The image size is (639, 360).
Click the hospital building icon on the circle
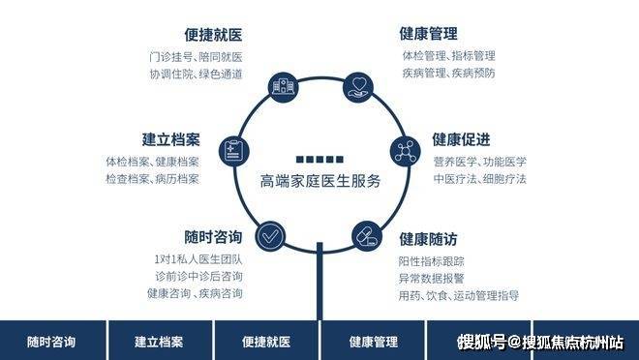point(284,87)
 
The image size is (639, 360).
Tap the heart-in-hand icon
point(358,87)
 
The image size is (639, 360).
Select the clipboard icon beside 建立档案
point(234,151)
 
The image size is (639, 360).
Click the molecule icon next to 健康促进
point(406,152)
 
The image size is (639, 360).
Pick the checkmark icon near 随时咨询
point(270,236)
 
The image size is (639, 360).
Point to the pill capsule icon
point(367,236)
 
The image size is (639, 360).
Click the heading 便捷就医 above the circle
point(213,35)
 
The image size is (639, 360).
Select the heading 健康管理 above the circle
point(428,34)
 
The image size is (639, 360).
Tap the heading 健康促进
point(461,139)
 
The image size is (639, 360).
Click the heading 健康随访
point(428,239)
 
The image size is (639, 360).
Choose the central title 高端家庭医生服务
point(320,181)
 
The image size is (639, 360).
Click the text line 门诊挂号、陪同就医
point(196,56)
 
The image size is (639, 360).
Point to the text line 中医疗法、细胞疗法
point(480,179)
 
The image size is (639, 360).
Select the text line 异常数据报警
point(431,279)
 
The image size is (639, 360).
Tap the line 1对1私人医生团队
point(198,259)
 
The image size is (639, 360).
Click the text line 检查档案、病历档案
point(152,179)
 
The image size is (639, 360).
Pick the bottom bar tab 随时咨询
point(51,342)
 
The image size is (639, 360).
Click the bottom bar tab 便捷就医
point(266,342)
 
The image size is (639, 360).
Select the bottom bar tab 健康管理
point(374,342)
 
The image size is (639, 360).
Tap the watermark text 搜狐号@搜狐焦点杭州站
point(540,342)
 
